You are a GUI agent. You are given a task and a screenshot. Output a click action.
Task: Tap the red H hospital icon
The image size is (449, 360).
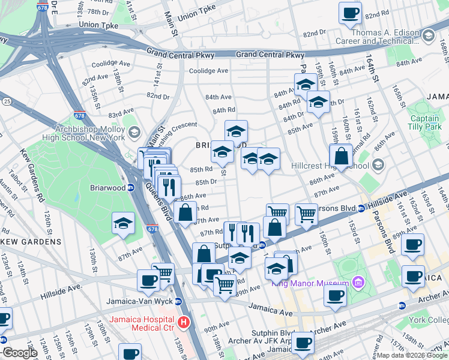pyautogui.click(x=185, y=323)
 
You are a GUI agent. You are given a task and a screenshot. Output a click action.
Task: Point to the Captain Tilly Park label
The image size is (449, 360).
pyautogui.click(x=424, y=122)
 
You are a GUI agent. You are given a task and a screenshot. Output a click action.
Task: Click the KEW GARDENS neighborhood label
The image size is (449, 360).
pyautogui.click(x=23, y=241)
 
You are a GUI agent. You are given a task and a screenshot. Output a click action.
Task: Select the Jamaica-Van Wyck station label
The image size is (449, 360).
pyautogui.click(x=132, y=301)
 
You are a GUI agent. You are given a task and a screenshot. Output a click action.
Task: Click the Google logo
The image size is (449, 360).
pyautogui.click(x=20, y=353)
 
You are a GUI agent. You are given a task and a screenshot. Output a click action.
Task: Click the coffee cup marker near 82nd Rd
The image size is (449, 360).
pyautogui.click(x=350, y=13)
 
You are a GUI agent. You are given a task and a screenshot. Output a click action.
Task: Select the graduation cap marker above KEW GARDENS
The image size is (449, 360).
pyautogui.click(x=123, y=224)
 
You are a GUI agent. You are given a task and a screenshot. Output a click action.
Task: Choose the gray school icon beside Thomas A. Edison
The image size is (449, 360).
pyautogui.click(x=428, y=36)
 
